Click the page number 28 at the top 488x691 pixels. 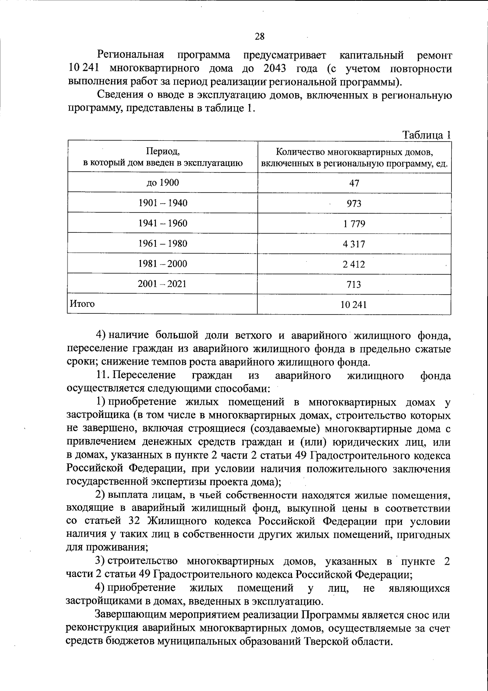(259, 37)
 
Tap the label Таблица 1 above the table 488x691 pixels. (427, 135)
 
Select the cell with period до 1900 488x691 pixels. (163, 183)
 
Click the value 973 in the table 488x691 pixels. (354, 203)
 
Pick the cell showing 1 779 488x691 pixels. (354, 224)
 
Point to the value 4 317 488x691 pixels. (354, 244)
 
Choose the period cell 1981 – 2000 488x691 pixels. (163, 264)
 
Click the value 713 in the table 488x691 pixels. (354, 284)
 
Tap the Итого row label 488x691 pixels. (83, 304)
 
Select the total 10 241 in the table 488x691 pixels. (354, 304)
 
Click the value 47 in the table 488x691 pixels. (354, 183)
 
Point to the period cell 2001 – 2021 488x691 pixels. (163, 284)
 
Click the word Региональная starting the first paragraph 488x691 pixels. (131, 55)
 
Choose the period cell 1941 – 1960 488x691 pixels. (163, 223)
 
